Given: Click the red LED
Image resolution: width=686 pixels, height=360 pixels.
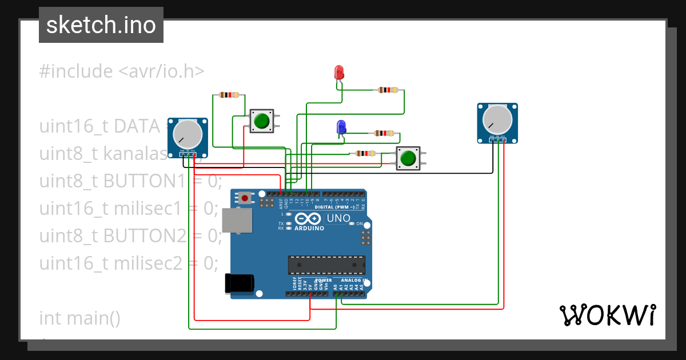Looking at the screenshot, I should pos(338,73).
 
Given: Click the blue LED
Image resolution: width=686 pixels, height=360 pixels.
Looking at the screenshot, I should pos(341,127).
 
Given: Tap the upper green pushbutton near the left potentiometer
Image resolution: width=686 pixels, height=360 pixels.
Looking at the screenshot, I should pos(262,121).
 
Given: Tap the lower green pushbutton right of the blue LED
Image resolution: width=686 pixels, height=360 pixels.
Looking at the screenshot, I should pos(408,158).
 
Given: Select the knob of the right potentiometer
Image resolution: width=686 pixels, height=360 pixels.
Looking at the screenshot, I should pos(497,120).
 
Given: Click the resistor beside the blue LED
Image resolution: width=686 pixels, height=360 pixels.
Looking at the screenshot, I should pos(383,133).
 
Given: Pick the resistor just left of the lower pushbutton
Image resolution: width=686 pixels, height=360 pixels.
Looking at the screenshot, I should pos(364,153).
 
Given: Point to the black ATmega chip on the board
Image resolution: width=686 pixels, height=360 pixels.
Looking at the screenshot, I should pos(326,266).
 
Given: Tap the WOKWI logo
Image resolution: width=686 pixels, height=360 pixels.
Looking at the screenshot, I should pos(607,315).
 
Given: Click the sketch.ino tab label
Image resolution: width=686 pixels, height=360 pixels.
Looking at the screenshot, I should pos(101,25).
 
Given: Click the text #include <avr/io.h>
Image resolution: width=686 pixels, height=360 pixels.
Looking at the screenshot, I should pos(122,71).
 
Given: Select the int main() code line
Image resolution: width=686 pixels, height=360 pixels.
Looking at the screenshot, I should pos(79,317).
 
